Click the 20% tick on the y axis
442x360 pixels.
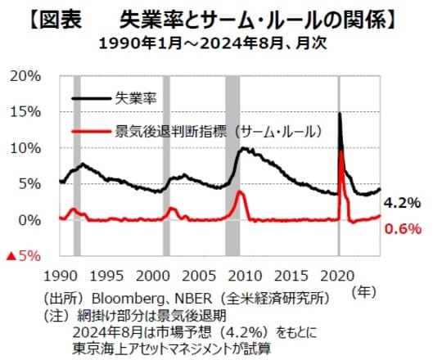click(26, 76)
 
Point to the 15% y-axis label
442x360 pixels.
click(26, 112)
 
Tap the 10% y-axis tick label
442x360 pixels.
click(26, 148)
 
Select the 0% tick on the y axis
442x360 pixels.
click(29, 220)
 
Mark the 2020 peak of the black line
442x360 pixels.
click(339, 114)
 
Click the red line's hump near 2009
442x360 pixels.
click(239, 193)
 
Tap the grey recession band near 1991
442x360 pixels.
click(77, 164)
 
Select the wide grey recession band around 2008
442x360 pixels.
click(232, 164)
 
